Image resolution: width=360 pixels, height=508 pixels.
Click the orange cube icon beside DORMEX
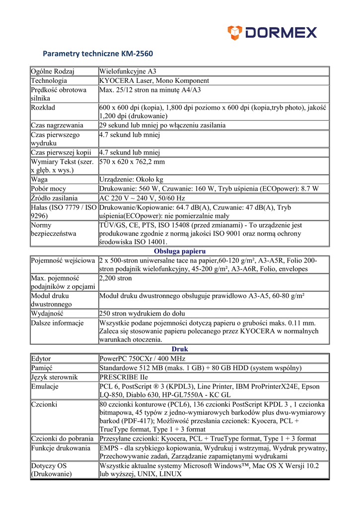coord(234,33)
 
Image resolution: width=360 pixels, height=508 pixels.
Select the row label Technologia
coord(49,80)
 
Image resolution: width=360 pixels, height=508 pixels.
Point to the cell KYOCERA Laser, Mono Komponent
coord(154,80)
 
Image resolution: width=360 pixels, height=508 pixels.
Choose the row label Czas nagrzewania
coord(57,125)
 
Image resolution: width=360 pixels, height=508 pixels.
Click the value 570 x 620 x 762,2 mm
coord(132,162)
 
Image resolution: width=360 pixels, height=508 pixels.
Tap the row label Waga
coord(39,180)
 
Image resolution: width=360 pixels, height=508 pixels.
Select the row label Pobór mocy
coord(48,189)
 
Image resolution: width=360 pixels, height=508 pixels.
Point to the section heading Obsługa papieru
coord(180,251)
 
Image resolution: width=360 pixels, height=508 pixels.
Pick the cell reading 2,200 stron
coord(115,278)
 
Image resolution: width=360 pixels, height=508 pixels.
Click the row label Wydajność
coord(50,314)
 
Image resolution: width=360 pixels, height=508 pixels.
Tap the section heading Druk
coord(180,349)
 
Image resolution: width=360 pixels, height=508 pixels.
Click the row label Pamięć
coord(42,368)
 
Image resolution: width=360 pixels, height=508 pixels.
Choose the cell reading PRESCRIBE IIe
coord(123,377)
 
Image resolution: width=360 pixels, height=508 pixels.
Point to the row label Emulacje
coord(45,386)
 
